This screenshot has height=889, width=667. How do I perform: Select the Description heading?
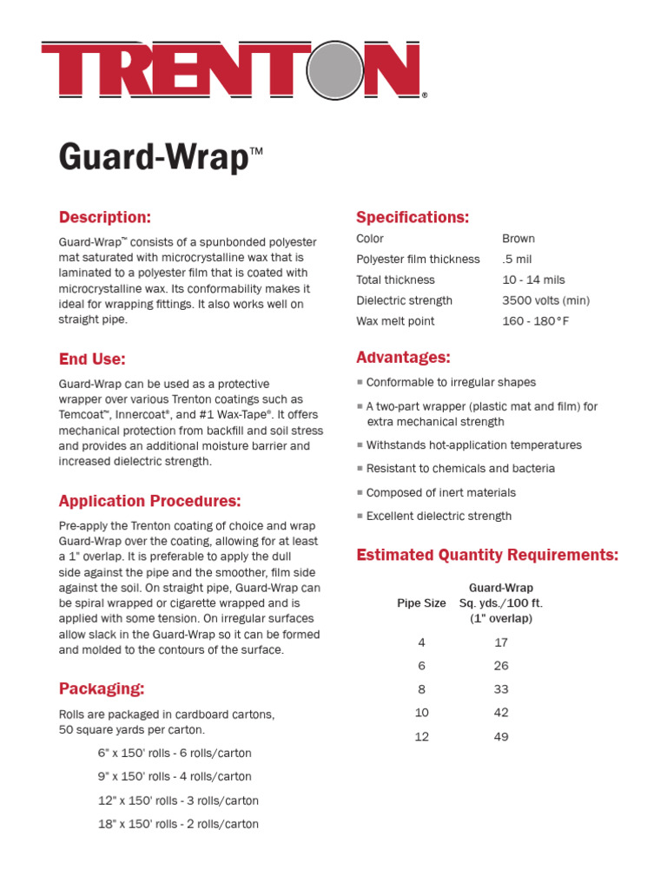tap(104, 217)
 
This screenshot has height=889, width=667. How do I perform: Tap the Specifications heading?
tap(413, 217)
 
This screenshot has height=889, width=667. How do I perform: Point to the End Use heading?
tap(92, 359)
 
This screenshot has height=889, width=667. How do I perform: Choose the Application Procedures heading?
tap(149, 501)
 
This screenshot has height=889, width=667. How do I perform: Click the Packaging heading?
tap(102, 689)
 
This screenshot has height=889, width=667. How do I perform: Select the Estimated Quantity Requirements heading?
tap(487, 555)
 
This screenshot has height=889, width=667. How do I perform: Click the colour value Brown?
tap(518, 239)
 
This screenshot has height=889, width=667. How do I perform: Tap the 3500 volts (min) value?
tap(545, 300)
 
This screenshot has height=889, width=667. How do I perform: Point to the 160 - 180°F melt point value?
tap(537, 321)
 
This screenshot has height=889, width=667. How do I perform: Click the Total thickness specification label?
tap(395, 280)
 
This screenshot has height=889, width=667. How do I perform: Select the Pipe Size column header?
tap(421, 603)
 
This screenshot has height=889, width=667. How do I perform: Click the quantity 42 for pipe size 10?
tap(501, 713)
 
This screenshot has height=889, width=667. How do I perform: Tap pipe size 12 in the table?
tap(421, 737)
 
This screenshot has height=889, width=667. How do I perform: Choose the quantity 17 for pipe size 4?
tap(501, 642)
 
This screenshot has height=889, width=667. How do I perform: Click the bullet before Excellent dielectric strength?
tap(360, 516)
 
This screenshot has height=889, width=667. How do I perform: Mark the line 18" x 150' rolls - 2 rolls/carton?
tap(178, 824)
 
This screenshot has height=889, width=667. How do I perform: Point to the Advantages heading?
tap(403, 358)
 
